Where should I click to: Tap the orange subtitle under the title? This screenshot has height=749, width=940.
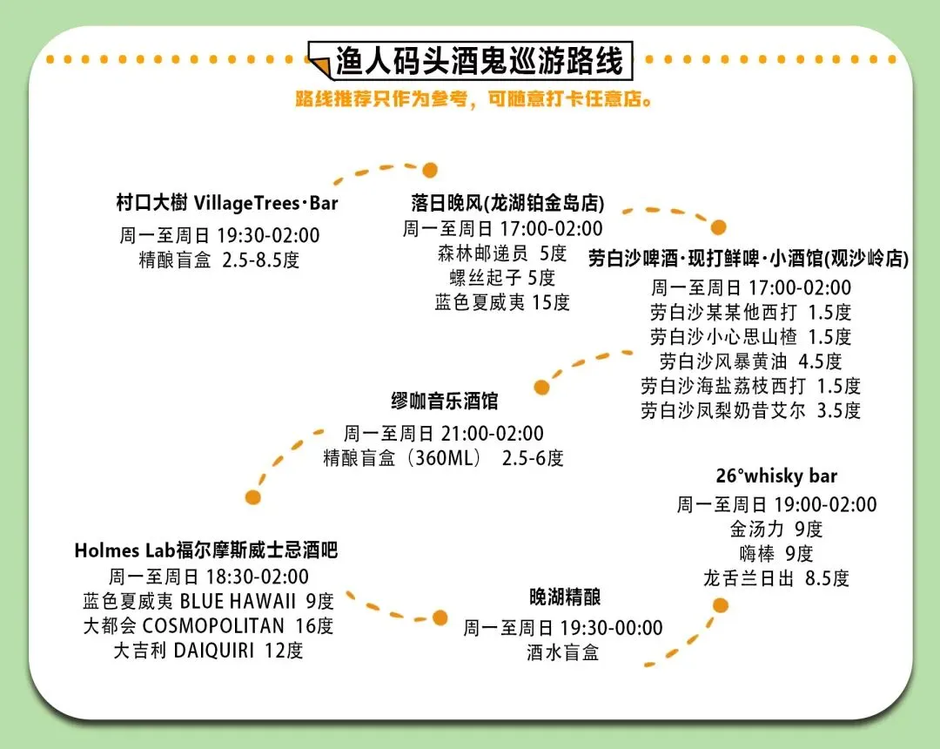point(474,99)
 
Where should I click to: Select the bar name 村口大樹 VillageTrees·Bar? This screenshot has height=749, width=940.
point(226,204)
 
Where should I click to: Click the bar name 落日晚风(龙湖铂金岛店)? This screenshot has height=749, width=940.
point(508,204)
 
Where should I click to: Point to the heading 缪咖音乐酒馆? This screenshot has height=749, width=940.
point(444,401)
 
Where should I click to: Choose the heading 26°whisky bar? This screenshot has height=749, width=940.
point(776,476)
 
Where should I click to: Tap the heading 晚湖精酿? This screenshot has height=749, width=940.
point(565,597)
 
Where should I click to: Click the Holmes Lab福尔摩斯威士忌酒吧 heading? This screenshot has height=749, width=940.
point(205,550)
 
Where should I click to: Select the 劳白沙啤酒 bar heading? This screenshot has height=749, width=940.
point(749,259)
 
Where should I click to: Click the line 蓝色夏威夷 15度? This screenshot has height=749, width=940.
point(503,302)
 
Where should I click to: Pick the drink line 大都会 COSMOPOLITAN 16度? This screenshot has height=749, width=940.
point(208,625)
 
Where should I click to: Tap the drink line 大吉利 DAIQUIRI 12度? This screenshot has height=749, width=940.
point(208,650)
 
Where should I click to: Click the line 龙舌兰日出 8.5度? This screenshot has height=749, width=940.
point(776,577)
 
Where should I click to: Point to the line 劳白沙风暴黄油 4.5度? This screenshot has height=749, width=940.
point(750,361)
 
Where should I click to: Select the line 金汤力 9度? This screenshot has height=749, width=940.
point(776,529)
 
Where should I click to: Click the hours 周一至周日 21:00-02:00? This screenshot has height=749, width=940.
point(444,434)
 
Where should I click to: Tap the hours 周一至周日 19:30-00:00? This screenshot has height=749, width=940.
point(563,628)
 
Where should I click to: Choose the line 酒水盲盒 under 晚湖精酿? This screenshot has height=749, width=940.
point(563,652)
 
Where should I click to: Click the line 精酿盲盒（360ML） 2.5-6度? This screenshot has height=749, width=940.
point(444,458)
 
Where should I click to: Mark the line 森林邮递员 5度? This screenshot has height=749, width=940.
point(502,253)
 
